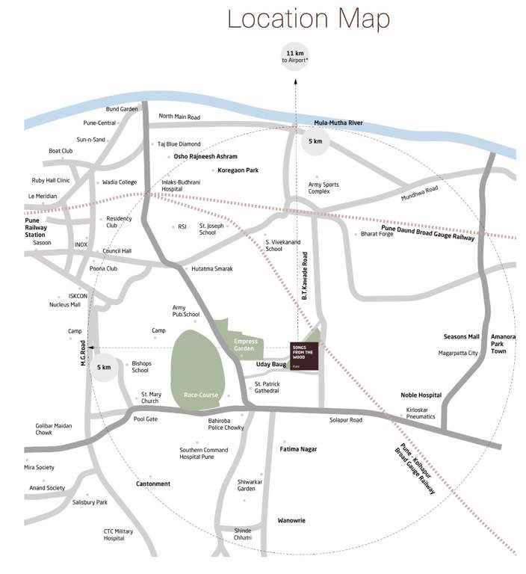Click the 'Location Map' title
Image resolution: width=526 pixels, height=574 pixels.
point(308,18)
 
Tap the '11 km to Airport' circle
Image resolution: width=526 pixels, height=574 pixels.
point(294,56)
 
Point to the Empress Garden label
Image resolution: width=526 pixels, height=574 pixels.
point(245,345)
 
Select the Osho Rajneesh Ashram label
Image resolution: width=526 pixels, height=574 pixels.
point(205,157)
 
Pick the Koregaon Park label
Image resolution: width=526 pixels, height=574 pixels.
point(238,171)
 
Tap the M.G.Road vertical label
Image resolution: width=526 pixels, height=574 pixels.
point(83,353)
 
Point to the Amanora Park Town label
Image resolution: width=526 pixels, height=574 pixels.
point(503,343)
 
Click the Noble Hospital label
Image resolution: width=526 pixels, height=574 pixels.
point(421,395)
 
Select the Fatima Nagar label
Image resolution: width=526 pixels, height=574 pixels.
point(298,449)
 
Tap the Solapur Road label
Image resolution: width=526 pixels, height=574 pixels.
point(346,420)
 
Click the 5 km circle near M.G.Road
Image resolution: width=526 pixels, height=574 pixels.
point(104,367)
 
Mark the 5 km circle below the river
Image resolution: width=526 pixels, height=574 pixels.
point(316,141)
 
